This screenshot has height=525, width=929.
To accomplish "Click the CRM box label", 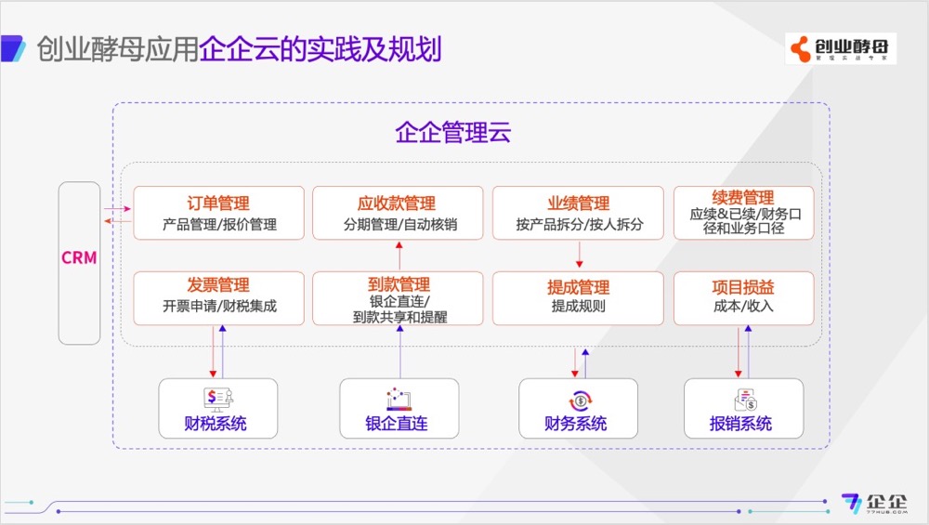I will coord(79,258).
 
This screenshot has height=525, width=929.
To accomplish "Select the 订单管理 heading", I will coord(218,203).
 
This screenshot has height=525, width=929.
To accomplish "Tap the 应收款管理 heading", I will coord(397,203).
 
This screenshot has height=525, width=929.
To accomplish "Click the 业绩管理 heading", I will coord(578,203).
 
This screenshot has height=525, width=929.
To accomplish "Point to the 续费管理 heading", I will coord(743,198).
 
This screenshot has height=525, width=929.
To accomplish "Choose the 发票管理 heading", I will coord(218,285).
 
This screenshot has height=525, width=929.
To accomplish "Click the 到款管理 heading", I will coord(399,284).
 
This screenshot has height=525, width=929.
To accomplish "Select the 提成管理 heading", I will coord(578,286).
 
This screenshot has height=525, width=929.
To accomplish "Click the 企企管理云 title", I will coord(453,133).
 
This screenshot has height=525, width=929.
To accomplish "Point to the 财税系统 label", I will coord(216,425).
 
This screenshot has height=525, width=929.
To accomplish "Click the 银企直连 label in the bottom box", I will coord(397,425).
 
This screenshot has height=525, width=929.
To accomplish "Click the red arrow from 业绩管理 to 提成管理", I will coord(580,254).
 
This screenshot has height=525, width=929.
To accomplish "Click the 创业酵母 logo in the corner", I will coord(840,48).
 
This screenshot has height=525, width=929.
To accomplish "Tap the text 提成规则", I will coord(578,306).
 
